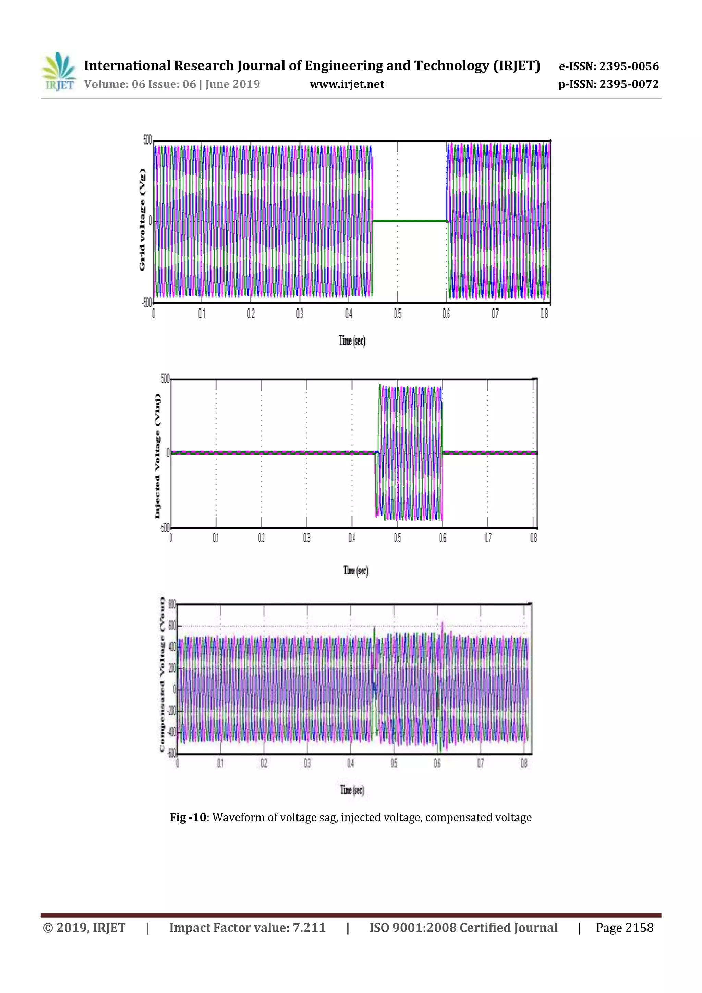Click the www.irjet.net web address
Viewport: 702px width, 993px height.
pyautogui.click(x=347, y=84)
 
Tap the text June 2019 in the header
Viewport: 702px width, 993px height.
pyautogui.click(x=232, y=84)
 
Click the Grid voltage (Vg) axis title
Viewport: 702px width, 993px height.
pyautogui.click(x=142, y=220)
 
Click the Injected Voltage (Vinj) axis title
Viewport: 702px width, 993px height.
pyautogui.click(x=157, y=456)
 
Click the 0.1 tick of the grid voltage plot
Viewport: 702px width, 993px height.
pyautogui.click(x=202, y=314)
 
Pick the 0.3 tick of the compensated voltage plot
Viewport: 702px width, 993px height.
pyautogui.click(x=307, y=763)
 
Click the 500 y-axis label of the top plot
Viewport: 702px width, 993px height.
pyautogui.click(x=147, y=140)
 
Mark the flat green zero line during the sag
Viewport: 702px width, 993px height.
pyautogui.click(x=409, y=221)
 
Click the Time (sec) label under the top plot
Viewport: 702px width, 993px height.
pyautogui.click(x=352, y=341)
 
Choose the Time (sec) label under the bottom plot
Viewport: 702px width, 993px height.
pyautogui.click(x=352, y=790)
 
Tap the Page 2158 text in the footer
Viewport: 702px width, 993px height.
pyautogui.click(x=624, y=928)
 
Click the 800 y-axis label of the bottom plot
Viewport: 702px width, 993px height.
pyautogui.click(x=172, y=604)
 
